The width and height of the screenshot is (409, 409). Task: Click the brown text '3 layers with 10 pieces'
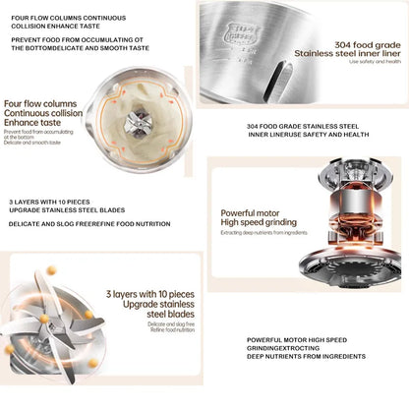coord(146,294)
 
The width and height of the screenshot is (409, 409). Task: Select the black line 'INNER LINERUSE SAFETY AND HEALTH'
coord(310,137)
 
